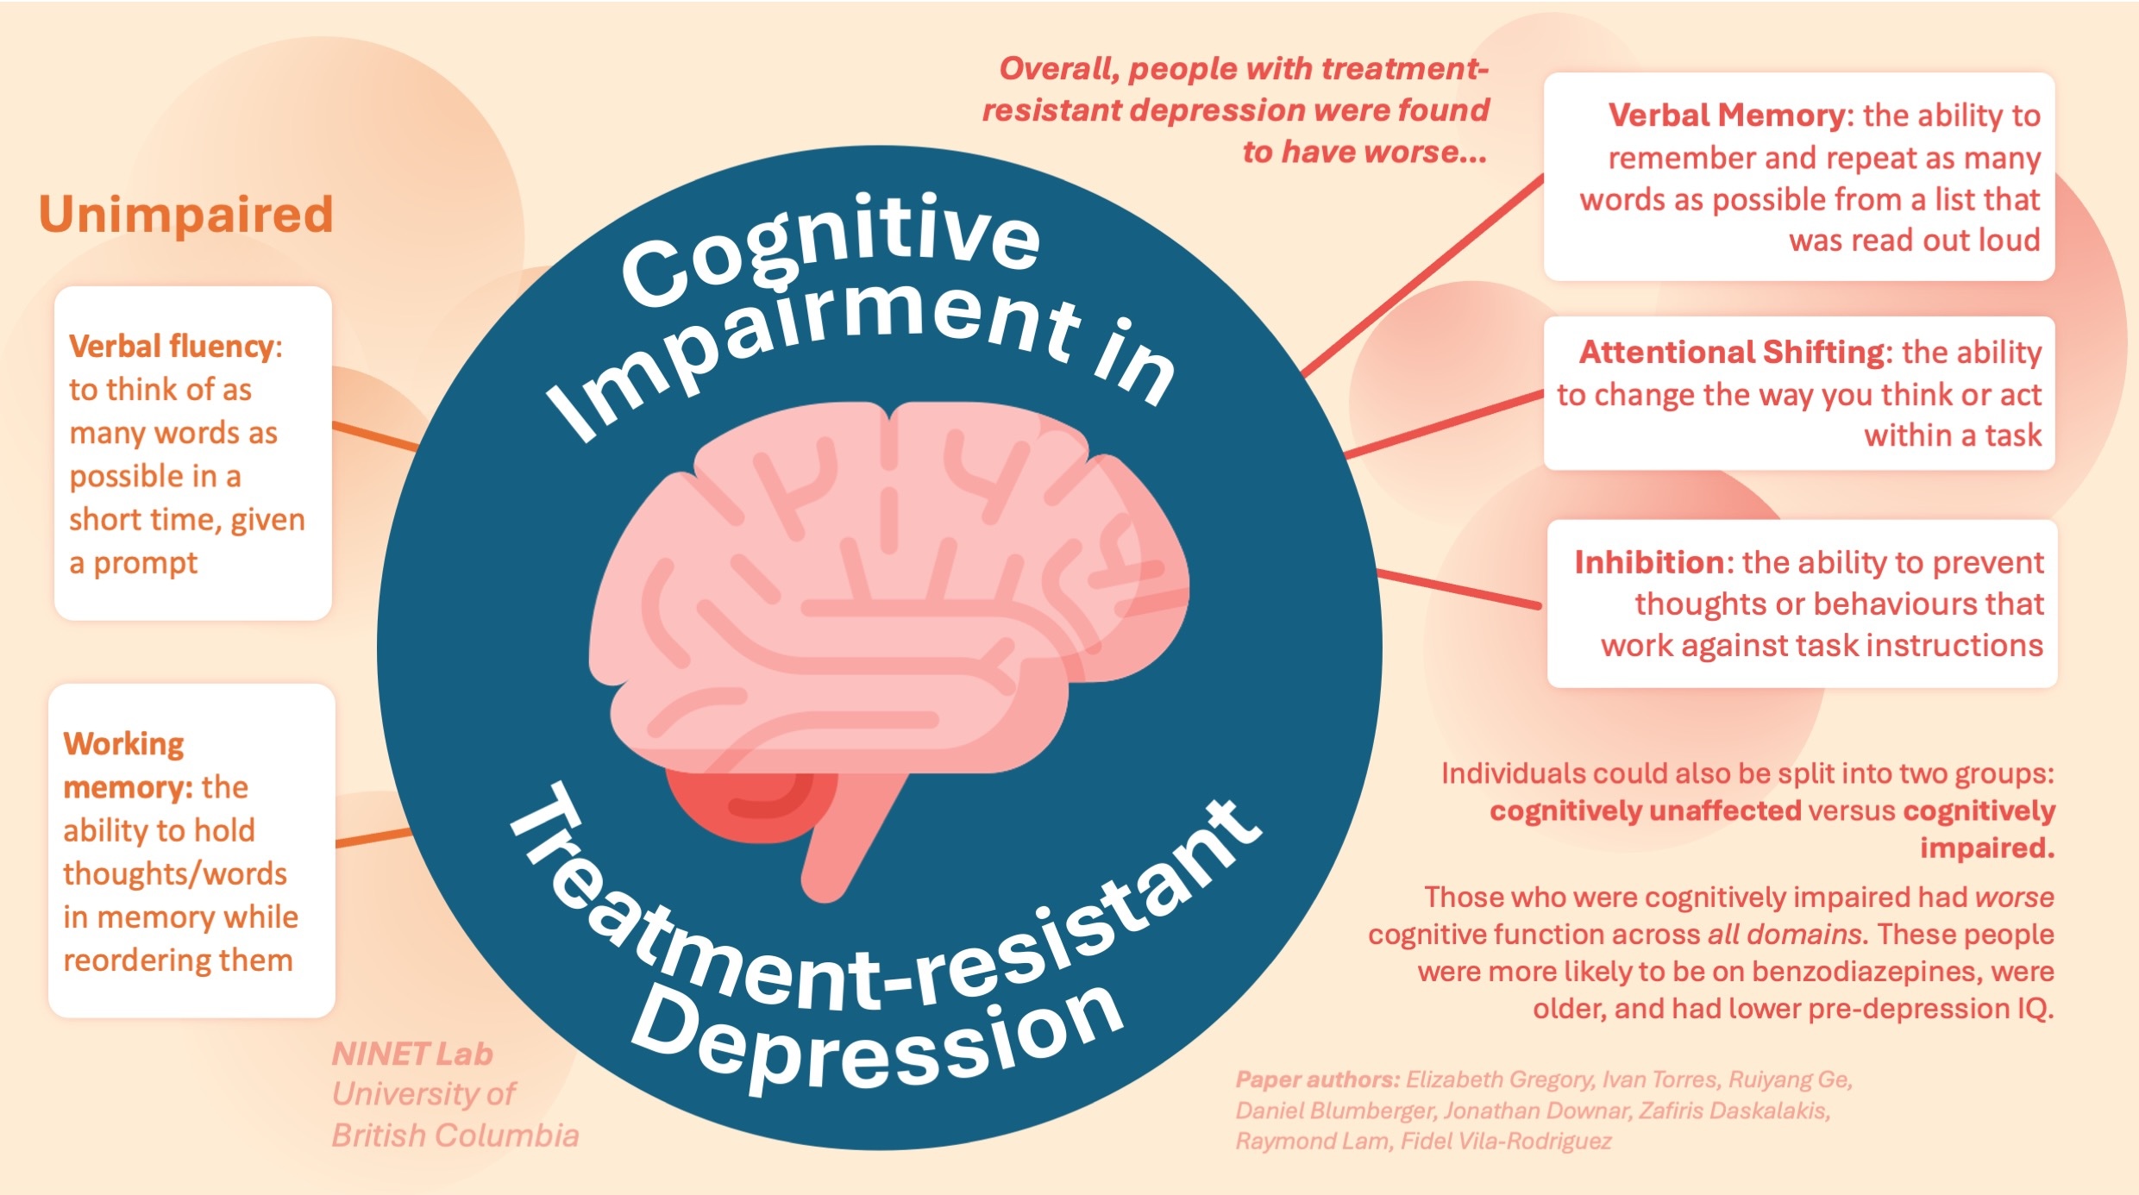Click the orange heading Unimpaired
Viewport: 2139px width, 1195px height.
coord(185,214)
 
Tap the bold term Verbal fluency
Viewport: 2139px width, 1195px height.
coord(171,347)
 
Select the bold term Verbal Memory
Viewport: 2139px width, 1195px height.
coord(1724,116)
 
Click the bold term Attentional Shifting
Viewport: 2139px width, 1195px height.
coord(1731,352)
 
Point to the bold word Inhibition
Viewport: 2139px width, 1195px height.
coord(1648,562)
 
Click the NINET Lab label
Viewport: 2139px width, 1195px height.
coord(412,1054)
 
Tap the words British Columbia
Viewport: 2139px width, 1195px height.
coord(455,1136)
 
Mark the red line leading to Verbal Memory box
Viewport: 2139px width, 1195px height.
coord(1423,276)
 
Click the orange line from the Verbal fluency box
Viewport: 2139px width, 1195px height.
coord(375,436)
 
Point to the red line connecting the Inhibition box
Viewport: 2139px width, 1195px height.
coord(1458,588)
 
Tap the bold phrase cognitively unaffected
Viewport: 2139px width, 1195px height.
coord(1646,811)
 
